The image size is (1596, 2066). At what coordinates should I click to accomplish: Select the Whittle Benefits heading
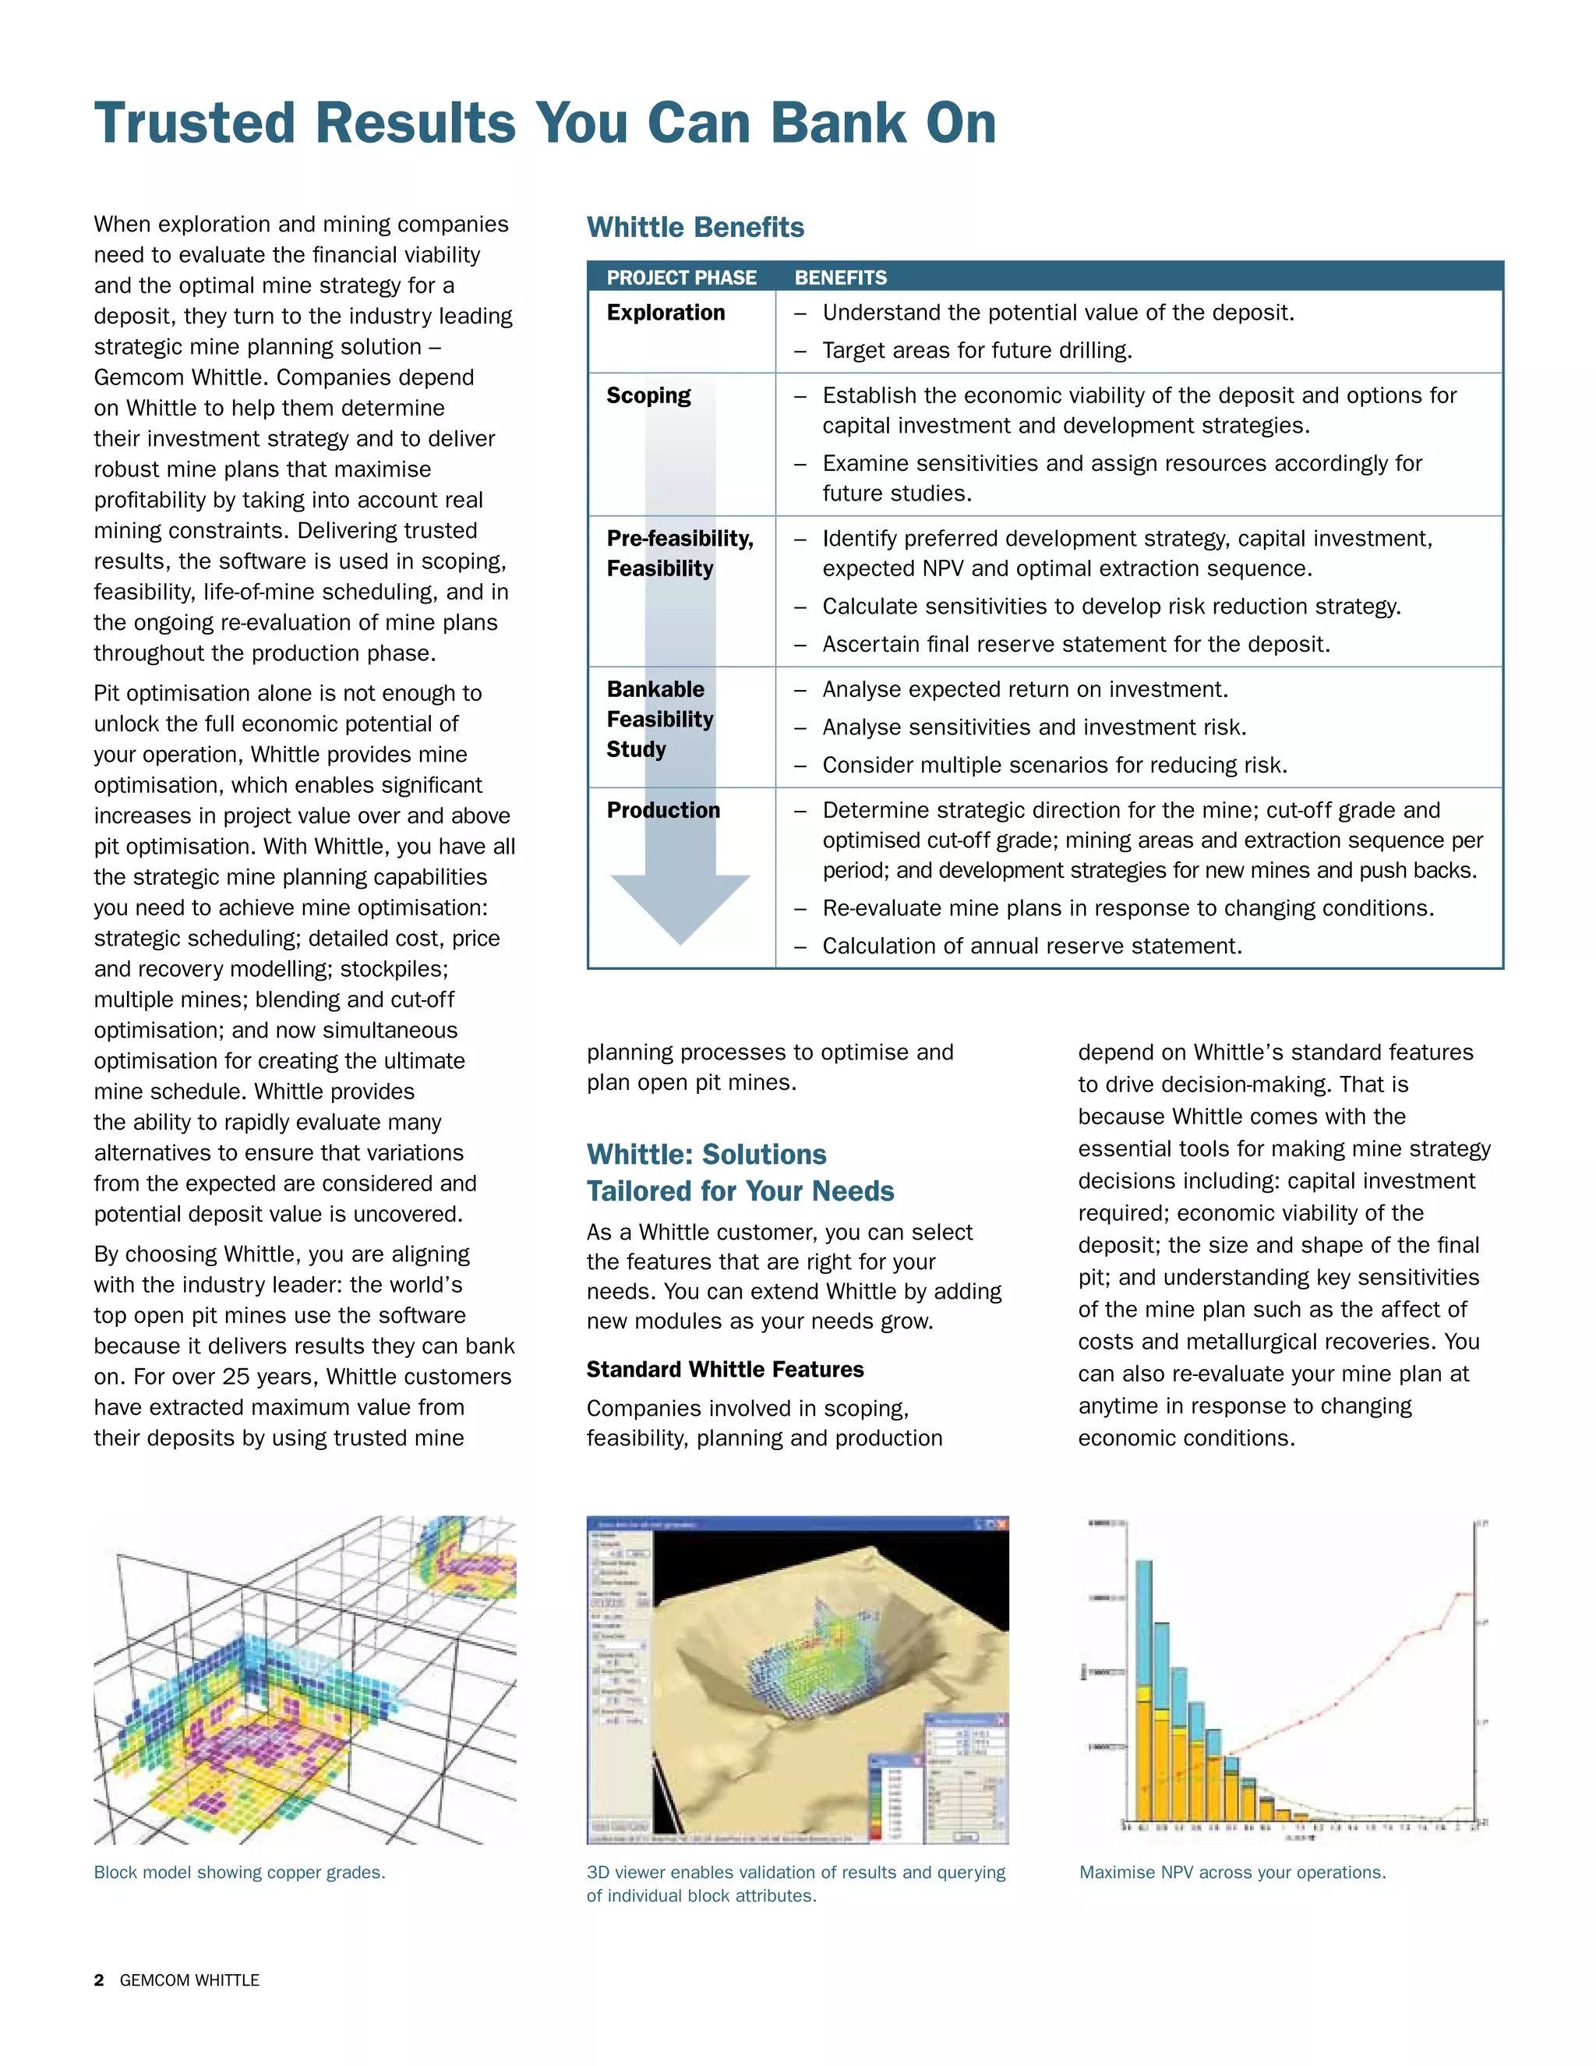[695, 227]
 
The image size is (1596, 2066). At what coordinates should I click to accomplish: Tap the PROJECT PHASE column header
[681, 278]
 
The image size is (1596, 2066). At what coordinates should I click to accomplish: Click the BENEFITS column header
[841, 278]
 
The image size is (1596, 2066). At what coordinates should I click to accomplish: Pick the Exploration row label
[666, 313]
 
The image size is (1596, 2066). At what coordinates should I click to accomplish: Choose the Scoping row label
[648, 395]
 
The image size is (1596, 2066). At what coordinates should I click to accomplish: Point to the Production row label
[663, 811]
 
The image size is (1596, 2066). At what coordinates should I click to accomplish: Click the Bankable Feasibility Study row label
[659, 720]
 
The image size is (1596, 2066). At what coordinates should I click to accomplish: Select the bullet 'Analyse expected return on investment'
[1025, 690]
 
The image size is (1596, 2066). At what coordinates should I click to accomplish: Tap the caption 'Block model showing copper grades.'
[239, 1872]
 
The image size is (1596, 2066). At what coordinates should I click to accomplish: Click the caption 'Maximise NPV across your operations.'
[1232, 1872]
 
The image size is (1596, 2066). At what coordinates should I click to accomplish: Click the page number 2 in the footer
[99, 1980]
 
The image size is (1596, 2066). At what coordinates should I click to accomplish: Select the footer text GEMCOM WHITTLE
[189, 1980]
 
